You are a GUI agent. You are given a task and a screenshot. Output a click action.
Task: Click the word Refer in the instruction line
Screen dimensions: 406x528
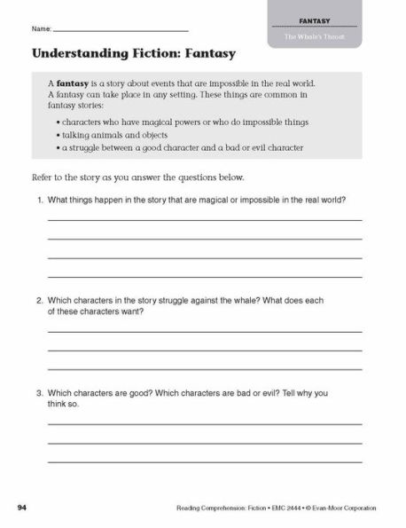click(x=43, y=177)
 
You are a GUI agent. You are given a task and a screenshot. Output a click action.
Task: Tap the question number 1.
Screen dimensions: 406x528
click(x=41, y=200)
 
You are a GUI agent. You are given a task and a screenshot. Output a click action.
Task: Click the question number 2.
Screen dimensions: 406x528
click(x=41, y=300)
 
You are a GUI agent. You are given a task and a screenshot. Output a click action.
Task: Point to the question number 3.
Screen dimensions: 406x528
click(x=41, y=393)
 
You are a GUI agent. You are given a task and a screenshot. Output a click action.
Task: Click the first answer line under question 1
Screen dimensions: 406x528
click(x=204, y=220)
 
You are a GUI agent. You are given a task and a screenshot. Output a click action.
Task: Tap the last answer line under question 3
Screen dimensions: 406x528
click(x=204, y=461)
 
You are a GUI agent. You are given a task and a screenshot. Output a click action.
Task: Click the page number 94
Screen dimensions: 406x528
click(x=22, y=508)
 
